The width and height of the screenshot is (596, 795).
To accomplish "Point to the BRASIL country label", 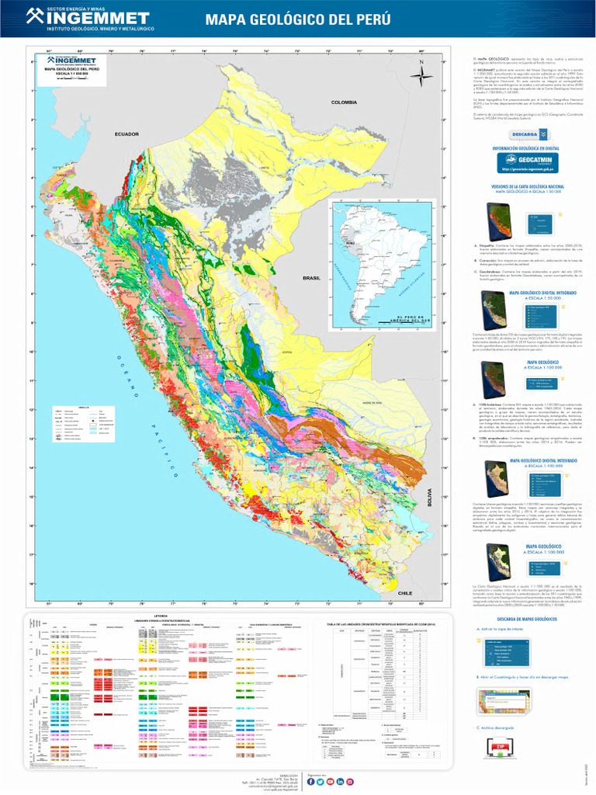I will [312, 277].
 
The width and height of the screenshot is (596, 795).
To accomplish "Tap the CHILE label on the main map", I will [404, 592].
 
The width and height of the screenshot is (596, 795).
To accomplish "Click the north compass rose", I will [421, 75].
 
